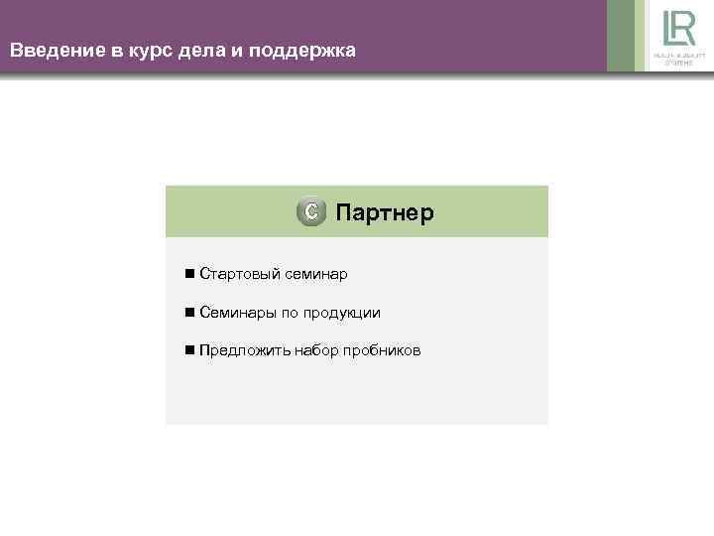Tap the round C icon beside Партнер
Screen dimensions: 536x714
(311, 212)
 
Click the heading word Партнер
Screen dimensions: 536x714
(385, 212)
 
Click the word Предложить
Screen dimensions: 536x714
(243, 350)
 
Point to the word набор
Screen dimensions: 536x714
(315, 350)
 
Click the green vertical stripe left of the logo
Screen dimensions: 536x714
(621, 36)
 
